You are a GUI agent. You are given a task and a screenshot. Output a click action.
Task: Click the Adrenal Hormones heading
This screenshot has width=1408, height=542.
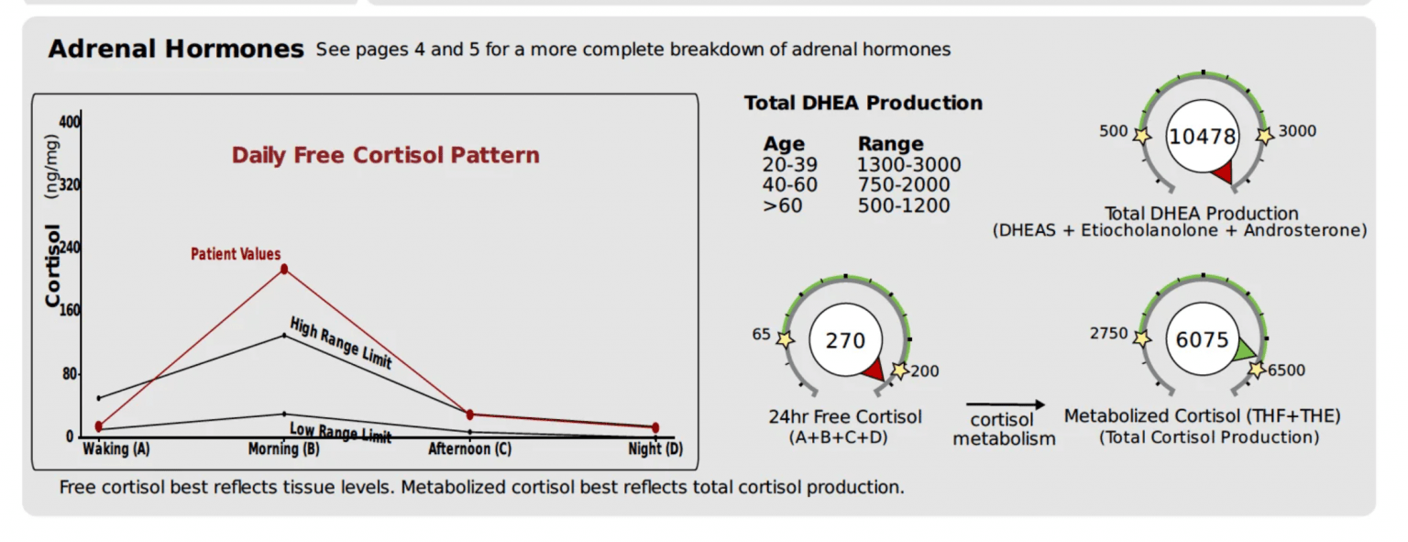pyautogui.click(x=175, y=50)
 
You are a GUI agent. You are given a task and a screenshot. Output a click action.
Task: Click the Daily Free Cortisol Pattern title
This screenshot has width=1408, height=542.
pyautogui.click(x=385, y=155)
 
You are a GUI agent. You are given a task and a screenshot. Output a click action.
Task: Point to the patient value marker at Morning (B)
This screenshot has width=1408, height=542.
pyautogui.click(x=284, y=269)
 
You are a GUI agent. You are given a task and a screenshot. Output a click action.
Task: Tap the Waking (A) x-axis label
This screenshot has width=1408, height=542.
pyautogui.click(x=116, y=449)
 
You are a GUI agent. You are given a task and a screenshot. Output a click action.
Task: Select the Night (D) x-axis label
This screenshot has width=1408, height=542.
pyautogui.click(x=655, y=449)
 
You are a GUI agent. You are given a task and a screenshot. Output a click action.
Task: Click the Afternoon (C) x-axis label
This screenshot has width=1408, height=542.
pyautogui.click(x=470, y=449)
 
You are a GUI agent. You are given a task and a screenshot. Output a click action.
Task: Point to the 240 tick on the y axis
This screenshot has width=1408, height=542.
pyautogui.click(x=70, y=248)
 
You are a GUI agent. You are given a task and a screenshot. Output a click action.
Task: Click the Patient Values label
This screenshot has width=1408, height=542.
pyautogui.click(x=236, y=254)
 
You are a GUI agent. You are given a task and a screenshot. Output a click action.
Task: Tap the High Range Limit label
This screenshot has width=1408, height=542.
pyautogui.click(x=341, y=343)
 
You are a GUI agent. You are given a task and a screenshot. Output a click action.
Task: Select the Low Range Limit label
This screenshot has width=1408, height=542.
pyautogui.click(x=340, y=432)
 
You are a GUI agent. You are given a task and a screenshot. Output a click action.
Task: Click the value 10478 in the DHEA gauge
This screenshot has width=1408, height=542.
pyautogui.click(x=1202, y=137)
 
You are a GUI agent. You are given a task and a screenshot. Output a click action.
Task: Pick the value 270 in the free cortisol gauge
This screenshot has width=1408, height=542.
pyautogui.click(x=844, y=341)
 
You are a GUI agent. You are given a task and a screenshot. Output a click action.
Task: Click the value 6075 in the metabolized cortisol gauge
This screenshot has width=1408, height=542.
pyautogui.click(x=1202, y=340)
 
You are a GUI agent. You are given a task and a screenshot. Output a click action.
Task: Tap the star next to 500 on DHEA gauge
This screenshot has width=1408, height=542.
pyautogui.click(x=1141, y=136)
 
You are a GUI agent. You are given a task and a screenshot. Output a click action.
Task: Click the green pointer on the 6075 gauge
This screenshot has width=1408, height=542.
pyautogui.click(x=1244, y=350)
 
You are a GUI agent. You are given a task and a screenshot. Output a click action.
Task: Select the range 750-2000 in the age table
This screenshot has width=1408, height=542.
pyautogui.click(x=903, y=185)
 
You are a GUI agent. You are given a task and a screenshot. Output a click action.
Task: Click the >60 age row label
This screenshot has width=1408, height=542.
pyautogui.click(x=782, y=205)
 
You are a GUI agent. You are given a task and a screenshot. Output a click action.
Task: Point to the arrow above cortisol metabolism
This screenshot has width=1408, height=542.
pyautogui.click(x=1005, y=404)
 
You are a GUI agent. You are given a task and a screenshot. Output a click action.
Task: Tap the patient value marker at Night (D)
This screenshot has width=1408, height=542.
pyautogui.click(x=655, y=427)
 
